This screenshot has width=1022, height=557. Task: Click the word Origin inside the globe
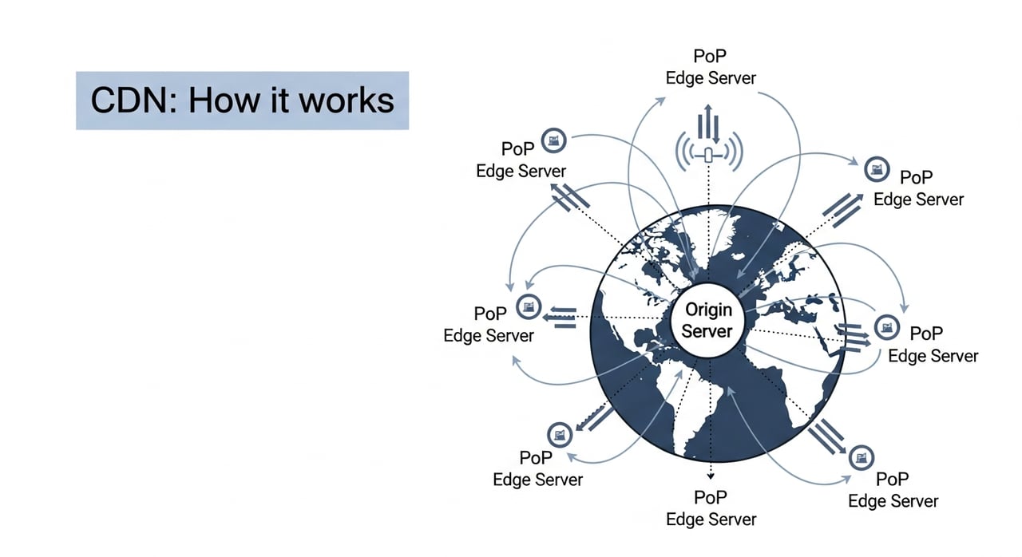707,310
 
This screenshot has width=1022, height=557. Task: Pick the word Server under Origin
707,331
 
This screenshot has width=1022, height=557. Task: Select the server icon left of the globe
528,306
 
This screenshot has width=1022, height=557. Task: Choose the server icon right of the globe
885,326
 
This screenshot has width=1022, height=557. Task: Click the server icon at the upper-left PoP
553,140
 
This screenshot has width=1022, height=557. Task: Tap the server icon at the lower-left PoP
559,436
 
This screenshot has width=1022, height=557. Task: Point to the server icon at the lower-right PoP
862,457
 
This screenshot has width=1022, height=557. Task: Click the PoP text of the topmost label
711,57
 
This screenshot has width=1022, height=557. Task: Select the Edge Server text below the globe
711,519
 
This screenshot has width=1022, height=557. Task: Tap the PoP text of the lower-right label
893,480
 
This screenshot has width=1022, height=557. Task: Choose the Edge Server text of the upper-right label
918,199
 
